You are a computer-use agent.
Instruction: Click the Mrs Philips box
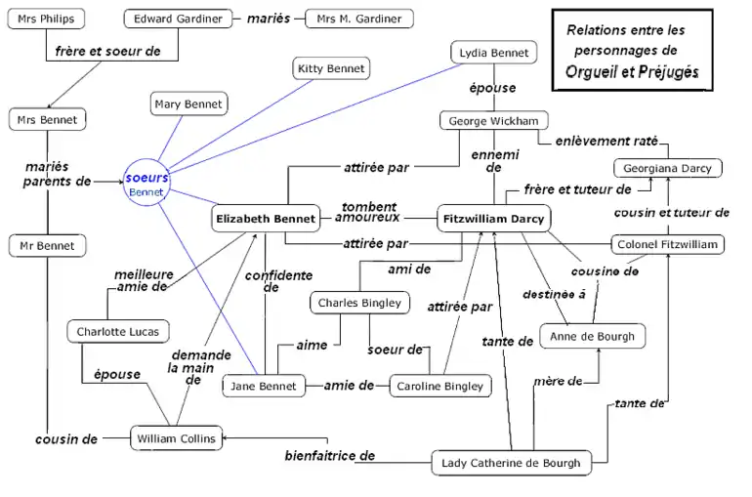(x=46, y=19)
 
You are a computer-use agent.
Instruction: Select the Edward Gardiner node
(x=178, y=19)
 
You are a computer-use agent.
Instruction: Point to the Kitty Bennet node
(x=332, y=68)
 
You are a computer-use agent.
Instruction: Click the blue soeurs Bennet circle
(x=146, y=184)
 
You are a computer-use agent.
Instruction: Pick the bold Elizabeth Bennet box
(x=266, y=219)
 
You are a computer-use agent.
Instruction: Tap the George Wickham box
(x=493, y=121)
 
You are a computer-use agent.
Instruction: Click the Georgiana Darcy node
(x=668, y=168)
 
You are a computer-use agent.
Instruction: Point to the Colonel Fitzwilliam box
(x=668, y=244)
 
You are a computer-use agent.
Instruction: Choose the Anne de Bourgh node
(x=593, y=337)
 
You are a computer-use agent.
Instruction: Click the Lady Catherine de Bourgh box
(x=511, y=463)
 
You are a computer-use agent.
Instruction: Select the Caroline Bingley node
(x=439, y=387)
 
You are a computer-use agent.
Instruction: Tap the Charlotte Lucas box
(x=118, y=332)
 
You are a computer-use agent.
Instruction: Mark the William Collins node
(x=176, y=438)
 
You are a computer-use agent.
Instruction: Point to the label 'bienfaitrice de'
(x=330, y=455)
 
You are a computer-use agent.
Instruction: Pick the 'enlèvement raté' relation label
(x=606, y=141)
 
